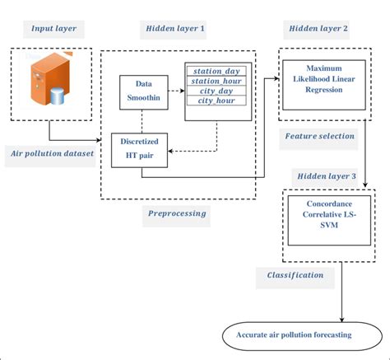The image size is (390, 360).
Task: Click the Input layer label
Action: point(53,29)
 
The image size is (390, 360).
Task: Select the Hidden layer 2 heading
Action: point(319,29)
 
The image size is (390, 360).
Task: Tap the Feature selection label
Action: point(319,135)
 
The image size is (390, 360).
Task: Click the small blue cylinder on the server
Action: point(56,98)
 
